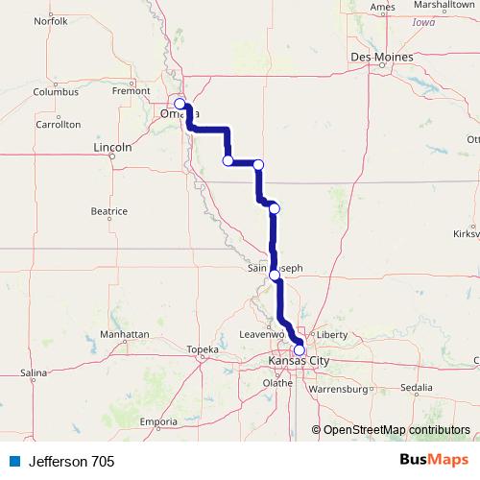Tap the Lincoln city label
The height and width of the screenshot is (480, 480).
tap(112, 148)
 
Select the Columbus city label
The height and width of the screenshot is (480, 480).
tap(55, 92)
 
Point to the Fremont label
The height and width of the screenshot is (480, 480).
tap(131, 90)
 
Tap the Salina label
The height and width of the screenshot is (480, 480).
tap(34, 372)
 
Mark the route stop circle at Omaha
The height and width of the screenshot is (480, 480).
tap(180, 104)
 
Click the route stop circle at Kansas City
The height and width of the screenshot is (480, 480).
tap(299, 350)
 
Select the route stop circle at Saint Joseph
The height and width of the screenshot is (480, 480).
tap(276, 276)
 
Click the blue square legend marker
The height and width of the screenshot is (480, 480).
tap(13, 462)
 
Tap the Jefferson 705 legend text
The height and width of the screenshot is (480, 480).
tap(71, 462)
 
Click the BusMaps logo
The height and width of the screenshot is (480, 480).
tap(433, 462)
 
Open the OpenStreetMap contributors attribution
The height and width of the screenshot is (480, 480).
tap(396, 430)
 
